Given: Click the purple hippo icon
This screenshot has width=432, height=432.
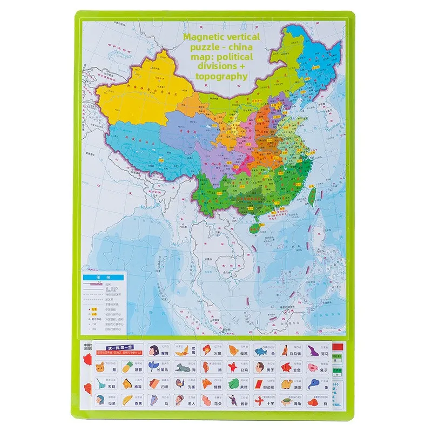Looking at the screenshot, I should pyautogui.click(x=312, y=350).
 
